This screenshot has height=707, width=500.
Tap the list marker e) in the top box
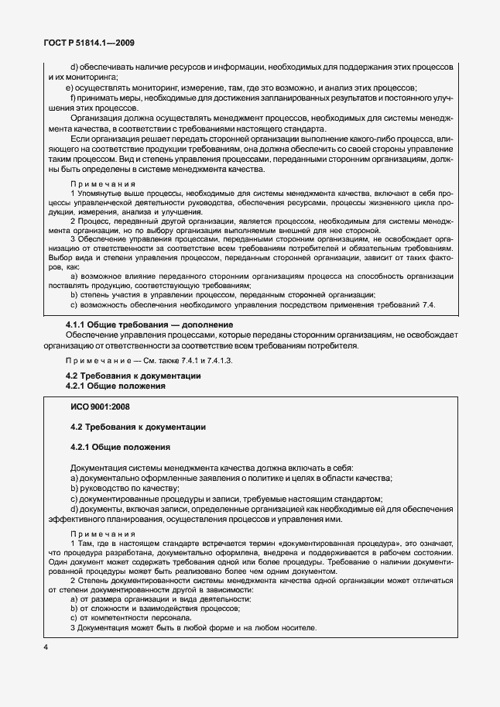(x=68, y=88)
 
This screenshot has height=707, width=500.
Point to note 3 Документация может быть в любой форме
(x=193, y=626)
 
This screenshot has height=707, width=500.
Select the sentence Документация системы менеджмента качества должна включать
(x=211, y=469)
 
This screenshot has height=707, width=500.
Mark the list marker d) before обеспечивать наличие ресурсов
(x=74, y=67)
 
